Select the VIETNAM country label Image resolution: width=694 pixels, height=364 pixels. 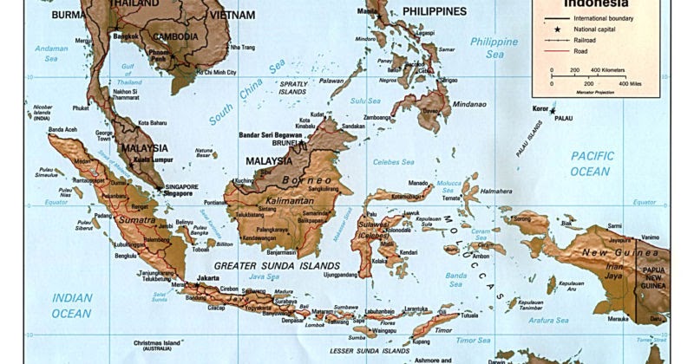(232, 15)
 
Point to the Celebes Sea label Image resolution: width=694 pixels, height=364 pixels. (393, 162)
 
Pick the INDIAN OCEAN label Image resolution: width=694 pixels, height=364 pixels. (71, 305)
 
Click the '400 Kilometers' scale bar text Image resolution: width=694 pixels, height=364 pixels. (608, 70)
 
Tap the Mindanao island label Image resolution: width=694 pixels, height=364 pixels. (470, 104)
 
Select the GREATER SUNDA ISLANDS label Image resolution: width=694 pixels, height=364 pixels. (265, 264)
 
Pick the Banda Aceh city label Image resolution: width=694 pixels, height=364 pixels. (62, 130)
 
